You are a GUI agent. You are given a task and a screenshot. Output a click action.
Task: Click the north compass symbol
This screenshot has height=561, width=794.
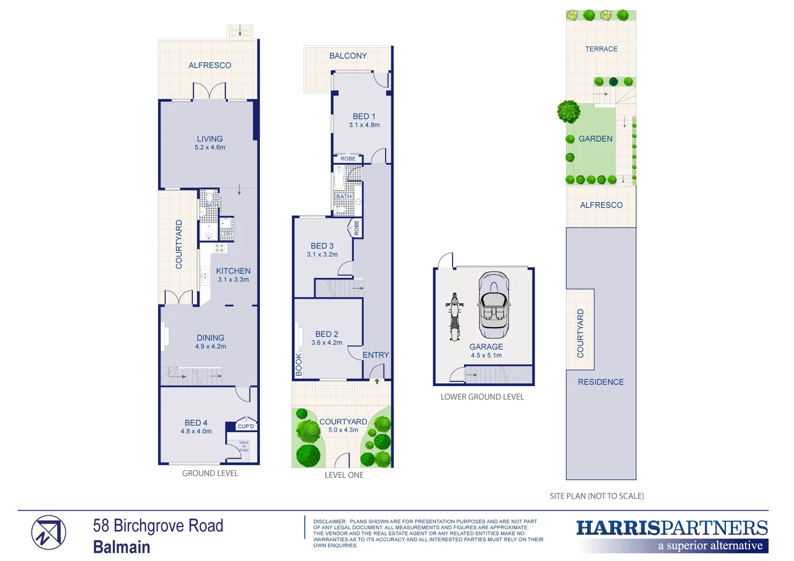tap(48, 532)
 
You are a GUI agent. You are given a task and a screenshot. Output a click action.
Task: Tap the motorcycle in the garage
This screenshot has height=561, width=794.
tap(455, 317)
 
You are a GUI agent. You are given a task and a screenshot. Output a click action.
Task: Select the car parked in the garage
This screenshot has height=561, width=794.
tap(493, 305)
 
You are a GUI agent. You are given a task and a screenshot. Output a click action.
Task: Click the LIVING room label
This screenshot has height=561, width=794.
tap(209, 139)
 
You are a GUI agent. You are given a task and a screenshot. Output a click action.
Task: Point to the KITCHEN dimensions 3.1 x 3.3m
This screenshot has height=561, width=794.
tap(233, 279)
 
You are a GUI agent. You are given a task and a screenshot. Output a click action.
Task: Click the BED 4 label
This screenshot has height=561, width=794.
tap(196, 423)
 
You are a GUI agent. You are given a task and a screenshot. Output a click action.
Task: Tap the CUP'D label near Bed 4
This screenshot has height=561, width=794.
tap(246, 426)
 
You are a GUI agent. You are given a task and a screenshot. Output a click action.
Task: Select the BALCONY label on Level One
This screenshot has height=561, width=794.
tap(348, 56)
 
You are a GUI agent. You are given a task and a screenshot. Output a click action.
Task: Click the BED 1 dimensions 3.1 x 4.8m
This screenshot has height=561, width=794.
tap(364, 125)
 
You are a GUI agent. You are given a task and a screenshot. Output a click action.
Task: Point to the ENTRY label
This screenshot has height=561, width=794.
tap(376, 355)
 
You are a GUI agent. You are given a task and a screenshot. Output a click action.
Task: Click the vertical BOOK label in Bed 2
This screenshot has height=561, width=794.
tap(299, 364)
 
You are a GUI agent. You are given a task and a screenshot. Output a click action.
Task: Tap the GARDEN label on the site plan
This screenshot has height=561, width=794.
tap(595, 139)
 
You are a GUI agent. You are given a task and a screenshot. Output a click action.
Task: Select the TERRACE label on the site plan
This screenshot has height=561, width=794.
tap(601, 49)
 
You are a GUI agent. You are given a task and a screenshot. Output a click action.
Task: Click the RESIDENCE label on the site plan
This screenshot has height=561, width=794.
tap(601, 382)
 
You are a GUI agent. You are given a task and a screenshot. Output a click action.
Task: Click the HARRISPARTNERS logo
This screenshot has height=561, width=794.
tap(671, 528)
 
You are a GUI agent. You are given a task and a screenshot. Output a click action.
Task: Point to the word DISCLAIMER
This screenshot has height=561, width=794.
tap(329, 522)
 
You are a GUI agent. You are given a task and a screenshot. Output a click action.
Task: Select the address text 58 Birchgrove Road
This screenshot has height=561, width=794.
tap(158, 526)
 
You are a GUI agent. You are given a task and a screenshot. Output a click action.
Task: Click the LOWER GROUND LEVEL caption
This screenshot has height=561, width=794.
tap(482, 397)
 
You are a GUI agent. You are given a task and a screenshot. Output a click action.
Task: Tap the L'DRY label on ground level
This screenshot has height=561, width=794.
tap(227, 234)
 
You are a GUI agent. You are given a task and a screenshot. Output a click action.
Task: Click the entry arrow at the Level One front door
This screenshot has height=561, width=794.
tap(377, 381)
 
